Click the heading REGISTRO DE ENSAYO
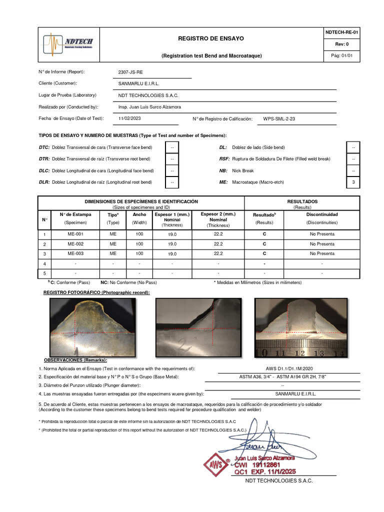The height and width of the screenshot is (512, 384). click(x=211, y=38)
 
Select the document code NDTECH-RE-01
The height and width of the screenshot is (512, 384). click(x=341, y=32)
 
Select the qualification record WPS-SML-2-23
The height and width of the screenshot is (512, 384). click(x=279, y=119)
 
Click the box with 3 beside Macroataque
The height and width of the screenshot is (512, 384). click(x=353, y=182)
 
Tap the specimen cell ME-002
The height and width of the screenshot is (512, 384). click(x=75, y=243)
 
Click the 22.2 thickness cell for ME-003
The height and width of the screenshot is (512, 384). click(x=218, y=253)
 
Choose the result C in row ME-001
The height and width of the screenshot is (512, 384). click(x=264, y=234)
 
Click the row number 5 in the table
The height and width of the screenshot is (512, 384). click(x=44, y=273)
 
